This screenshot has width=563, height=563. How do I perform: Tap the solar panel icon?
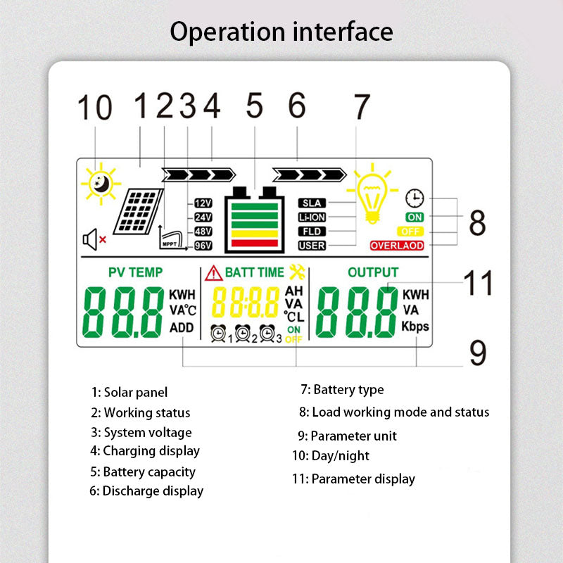coord(139,210)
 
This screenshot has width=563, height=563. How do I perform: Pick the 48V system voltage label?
coord(203,232)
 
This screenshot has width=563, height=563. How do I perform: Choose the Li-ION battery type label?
coord(312,217)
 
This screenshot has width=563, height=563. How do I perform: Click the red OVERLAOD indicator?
coord(397,246)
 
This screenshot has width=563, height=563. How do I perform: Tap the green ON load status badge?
coord(415,217)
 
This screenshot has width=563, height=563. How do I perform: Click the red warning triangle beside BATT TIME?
coord(213,273)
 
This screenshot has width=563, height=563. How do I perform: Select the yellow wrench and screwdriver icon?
coord(296,272)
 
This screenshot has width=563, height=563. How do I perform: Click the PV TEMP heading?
coord(135,272)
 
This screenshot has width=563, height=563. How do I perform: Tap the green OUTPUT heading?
coord(373,272)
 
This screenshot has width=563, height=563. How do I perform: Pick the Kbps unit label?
coord(415,327)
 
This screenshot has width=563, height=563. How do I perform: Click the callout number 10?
coord(94,109)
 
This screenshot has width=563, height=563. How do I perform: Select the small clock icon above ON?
coord(415,198)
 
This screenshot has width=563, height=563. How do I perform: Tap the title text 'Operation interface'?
coord(281,32)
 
